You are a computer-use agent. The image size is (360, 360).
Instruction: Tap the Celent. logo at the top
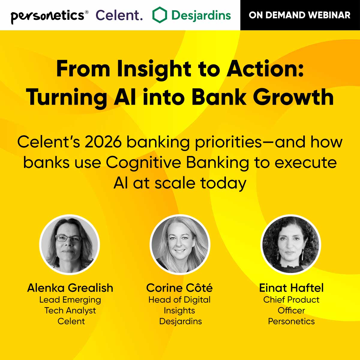[119, 15]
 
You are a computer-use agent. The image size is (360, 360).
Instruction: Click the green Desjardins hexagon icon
[159, 15]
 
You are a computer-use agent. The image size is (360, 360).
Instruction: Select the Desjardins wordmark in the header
[201, 15]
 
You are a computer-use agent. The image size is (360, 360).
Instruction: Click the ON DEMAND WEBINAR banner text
[300, 15]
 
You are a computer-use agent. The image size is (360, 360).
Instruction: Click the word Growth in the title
[293, 97]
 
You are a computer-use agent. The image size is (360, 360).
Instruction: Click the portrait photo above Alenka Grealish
[69, 244]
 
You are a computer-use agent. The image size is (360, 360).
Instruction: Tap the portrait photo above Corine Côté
[180, 244]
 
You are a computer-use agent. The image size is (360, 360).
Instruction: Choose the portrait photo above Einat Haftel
[291, 244]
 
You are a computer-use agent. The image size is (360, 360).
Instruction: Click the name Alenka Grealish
[70, 288]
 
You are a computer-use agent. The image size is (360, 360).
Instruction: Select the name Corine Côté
[179, 288]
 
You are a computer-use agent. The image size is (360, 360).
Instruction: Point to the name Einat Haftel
[291, 288]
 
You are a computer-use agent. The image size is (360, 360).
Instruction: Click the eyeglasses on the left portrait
[69, 239]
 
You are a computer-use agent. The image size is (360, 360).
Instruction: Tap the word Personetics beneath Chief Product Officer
[291, 321]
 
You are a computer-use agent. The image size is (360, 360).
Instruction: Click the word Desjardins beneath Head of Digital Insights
[180, 321]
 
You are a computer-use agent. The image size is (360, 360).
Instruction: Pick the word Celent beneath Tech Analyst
[71, 321]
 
